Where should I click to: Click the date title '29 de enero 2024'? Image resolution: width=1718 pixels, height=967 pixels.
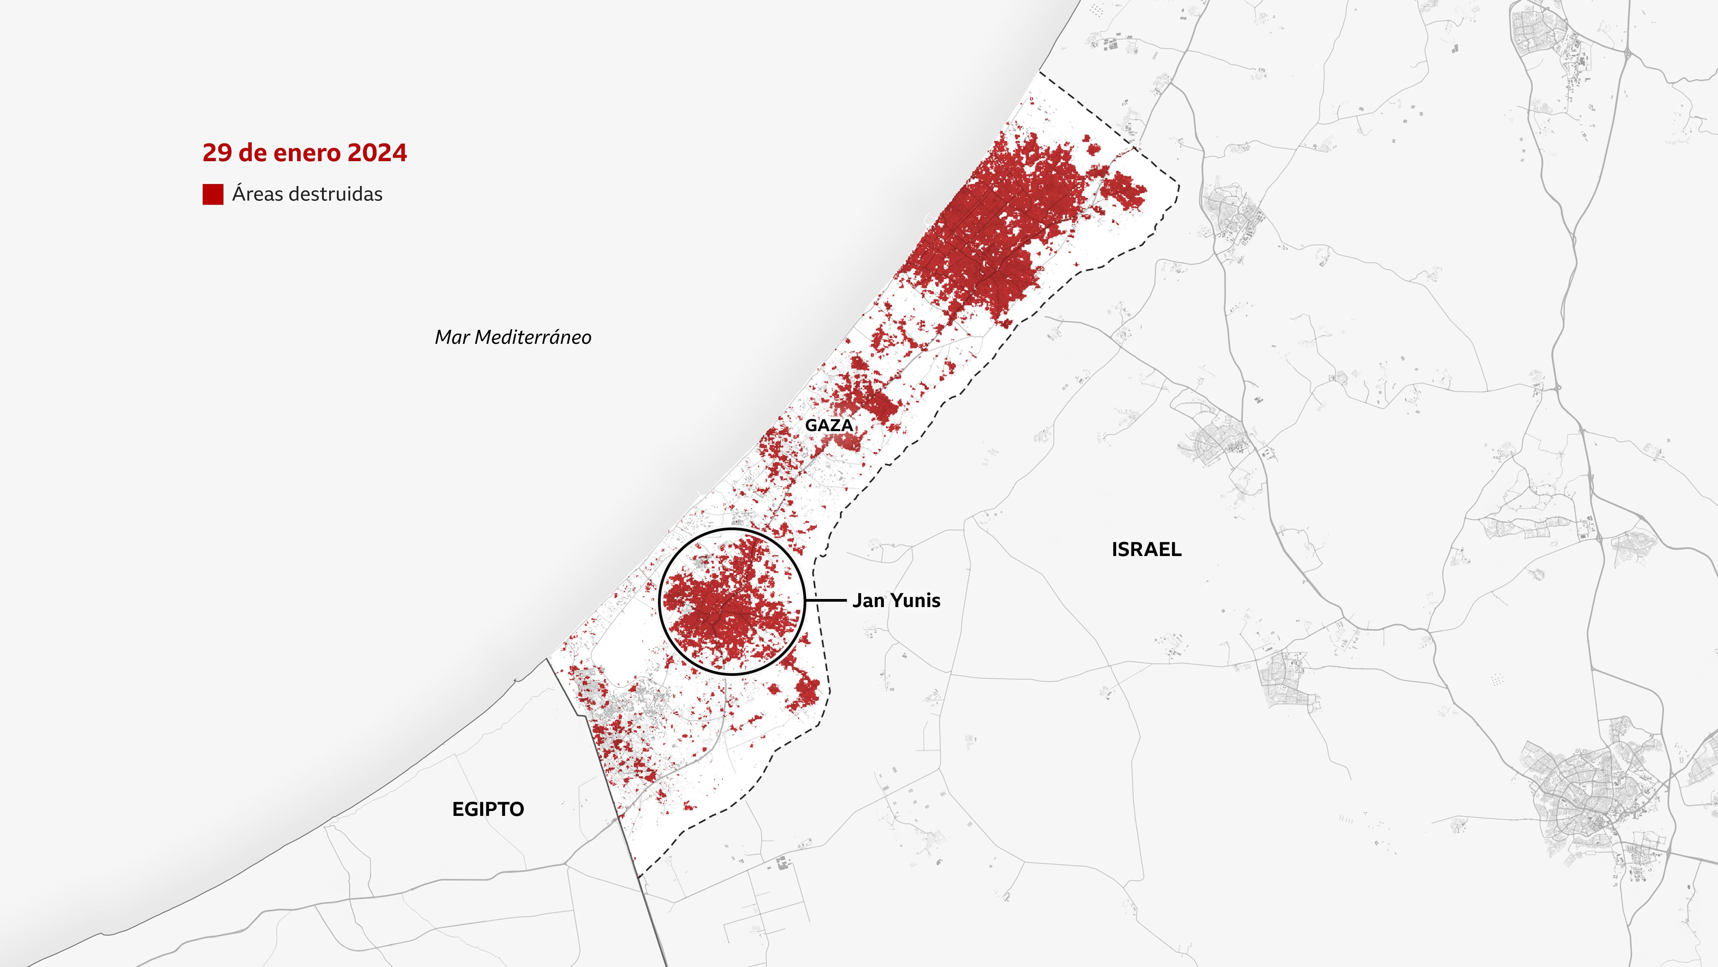(x=304, y=153)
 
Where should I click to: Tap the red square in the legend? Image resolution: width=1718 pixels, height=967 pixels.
(x=213, y=194)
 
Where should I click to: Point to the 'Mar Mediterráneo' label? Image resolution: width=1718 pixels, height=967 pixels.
(x=513, y=337)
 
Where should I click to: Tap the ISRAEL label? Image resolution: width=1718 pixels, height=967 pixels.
(x=1147, y=549)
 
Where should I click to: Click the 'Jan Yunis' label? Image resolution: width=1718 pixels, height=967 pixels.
(x=896, y=601)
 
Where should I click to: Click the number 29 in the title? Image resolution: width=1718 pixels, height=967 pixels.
(x=217, y=153)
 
